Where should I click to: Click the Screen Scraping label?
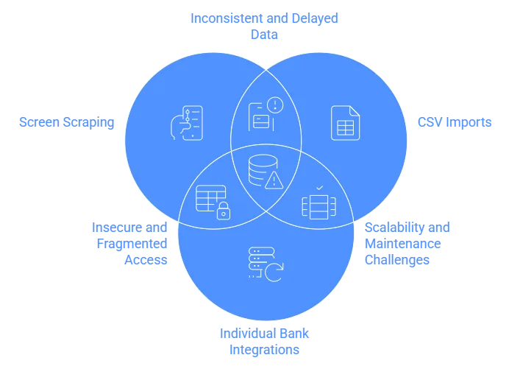(67, 122)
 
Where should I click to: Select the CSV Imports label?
(455, 122)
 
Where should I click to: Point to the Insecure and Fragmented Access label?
(129, 242)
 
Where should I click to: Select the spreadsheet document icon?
(345, 122)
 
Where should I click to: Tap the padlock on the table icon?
(222, 212)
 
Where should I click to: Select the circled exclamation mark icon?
(275, 105)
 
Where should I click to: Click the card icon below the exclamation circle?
(258, 122)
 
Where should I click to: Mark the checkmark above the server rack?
(318, 189)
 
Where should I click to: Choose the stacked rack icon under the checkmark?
(318, 205)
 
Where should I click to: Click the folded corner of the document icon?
(355, 110)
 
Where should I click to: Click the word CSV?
(430, 122)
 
